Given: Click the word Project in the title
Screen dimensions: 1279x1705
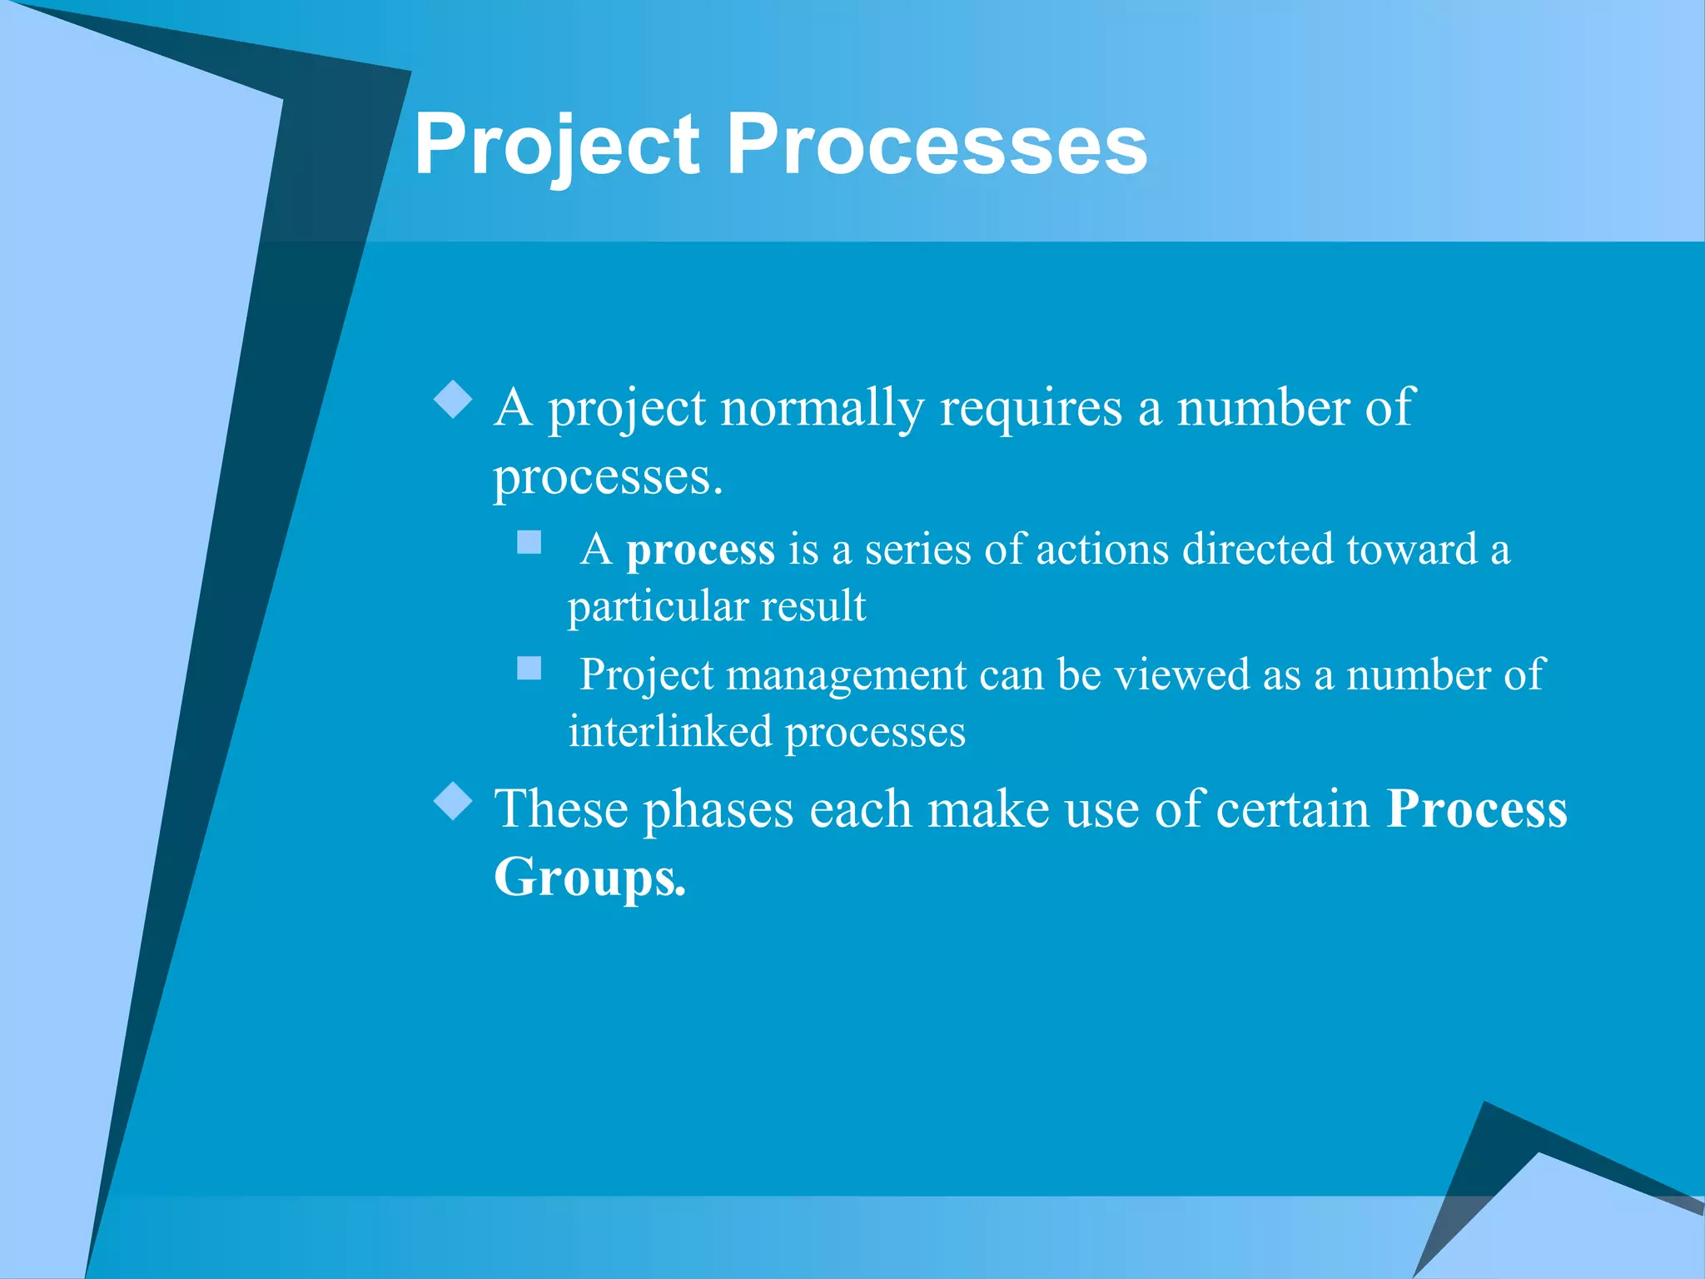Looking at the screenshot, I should pos(556,146).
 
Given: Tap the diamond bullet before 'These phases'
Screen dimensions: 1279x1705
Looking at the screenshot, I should pos(454,800).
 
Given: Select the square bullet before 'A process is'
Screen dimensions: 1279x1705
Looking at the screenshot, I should pos(529,543).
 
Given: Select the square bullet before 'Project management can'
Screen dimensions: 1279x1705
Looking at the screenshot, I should pos(529,668).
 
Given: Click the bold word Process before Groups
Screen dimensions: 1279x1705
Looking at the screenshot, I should pos(1476,809).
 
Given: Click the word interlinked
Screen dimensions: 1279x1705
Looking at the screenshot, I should pos(670,732).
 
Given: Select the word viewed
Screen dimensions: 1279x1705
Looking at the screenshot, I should pos(1182,674).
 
